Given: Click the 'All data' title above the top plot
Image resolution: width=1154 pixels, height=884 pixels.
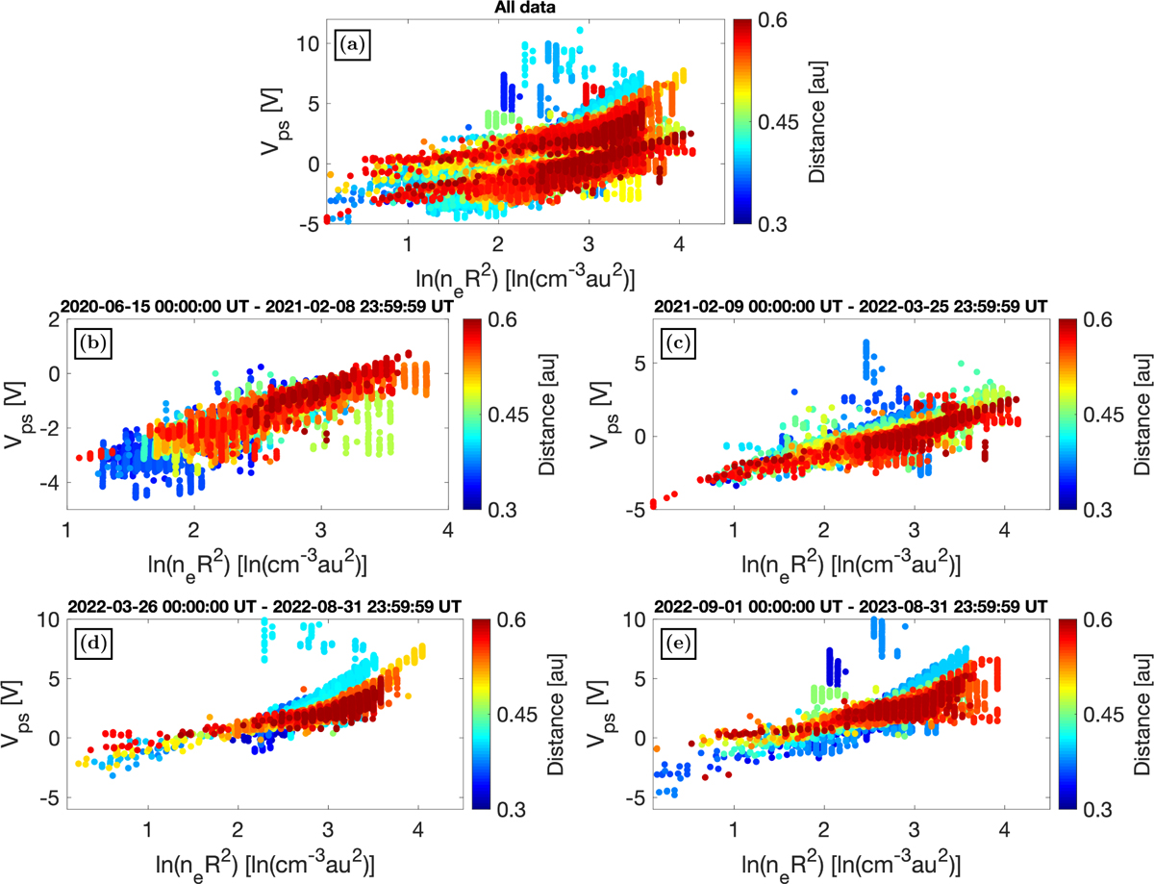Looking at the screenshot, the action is pyautogui.click(x=525, y=8).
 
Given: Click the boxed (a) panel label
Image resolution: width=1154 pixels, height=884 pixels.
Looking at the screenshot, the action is pyautogui.click(x=352, y=45).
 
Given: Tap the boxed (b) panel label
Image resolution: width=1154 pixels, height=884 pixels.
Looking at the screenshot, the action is pyautogui.click(x=93, y=343).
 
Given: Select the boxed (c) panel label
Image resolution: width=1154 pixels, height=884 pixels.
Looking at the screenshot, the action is pyautogui.click(x=678, y=343).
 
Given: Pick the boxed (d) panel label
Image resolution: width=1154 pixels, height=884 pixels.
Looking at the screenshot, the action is pyautogui.click(x=93, y=644).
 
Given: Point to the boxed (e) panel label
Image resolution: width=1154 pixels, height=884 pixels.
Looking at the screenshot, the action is pyautogui.click(x=678, y=644).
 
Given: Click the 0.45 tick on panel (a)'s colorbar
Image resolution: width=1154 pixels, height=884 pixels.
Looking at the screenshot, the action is pyautogui.click(x=778, y=122).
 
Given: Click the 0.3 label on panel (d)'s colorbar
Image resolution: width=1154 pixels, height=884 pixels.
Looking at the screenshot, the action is pyautogui.click(x=511, y=810).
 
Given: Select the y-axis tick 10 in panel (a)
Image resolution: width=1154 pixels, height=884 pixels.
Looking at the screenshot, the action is pyautogui.click(x=308, y=43).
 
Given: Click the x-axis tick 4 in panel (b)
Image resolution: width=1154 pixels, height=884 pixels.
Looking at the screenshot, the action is pyautogui.click(x=448, y=530).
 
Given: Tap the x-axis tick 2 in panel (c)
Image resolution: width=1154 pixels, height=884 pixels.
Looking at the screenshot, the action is pyautogui.click(x=824, y=530).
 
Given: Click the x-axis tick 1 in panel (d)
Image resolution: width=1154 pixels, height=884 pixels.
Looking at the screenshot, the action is pyautogui.click(x=148, y=829).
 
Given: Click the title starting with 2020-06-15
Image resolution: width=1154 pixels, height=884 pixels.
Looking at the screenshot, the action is pyautogui.click(x=257, y=306).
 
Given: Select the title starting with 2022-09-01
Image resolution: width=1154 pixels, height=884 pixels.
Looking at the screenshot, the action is pyautogui.click(x=850, y=606).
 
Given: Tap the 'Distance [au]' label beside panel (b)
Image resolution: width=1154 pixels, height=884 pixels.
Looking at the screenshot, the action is pyautogui.click(x=546, y=415).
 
